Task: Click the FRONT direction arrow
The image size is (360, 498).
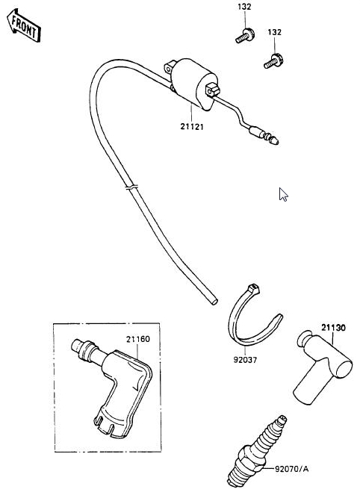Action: [x=24, y=25]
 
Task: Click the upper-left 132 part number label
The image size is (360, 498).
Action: [x=244, y=7]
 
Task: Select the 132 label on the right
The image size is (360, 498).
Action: [x=274, y=32]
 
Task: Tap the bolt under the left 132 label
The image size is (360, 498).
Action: [x=245, y=36]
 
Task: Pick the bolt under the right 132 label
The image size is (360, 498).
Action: [x=273, y=61]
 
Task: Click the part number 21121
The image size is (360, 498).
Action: [x=192, y=127]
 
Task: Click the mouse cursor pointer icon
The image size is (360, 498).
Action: [x=283, y=194]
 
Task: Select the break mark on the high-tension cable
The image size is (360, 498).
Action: [x=131, y=187]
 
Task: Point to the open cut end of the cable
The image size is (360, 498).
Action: [x=214, y=301]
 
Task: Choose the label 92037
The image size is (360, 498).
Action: [x=245, y=360]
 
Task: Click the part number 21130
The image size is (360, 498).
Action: [x=333, y=328]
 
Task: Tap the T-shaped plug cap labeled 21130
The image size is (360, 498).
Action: [x=321, y=368]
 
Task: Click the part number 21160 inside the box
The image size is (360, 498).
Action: [x=138, y=339]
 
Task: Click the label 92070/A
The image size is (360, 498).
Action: [x=291, y=469]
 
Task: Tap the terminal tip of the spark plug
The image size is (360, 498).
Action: [x=282, y=420]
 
